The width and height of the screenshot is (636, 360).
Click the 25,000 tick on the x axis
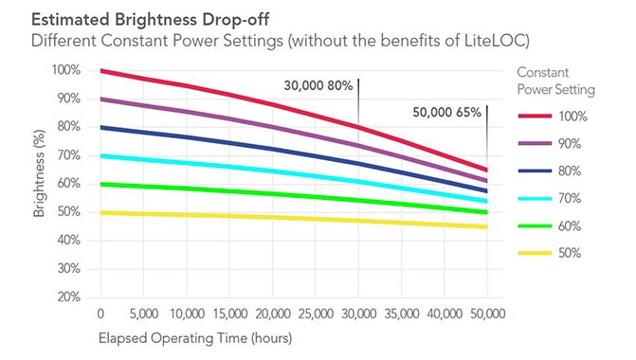tap(315, 314)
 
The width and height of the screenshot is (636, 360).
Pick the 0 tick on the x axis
tap(100, 314)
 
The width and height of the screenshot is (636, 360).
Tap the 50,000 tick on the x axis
tap(487, 314)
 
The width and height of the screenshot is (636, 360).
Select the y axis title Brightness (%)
tap(40, 184)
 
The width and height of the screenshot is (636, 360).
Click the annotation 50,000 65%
tap(447, 112)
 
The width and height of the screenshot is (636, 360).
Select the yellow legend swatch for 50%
tap(536, 253)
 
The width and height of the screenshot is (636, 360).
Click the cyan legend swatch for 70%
tap(536, 198)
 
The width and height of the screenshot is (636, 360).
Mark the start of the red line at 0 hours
tap(100, 71)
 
